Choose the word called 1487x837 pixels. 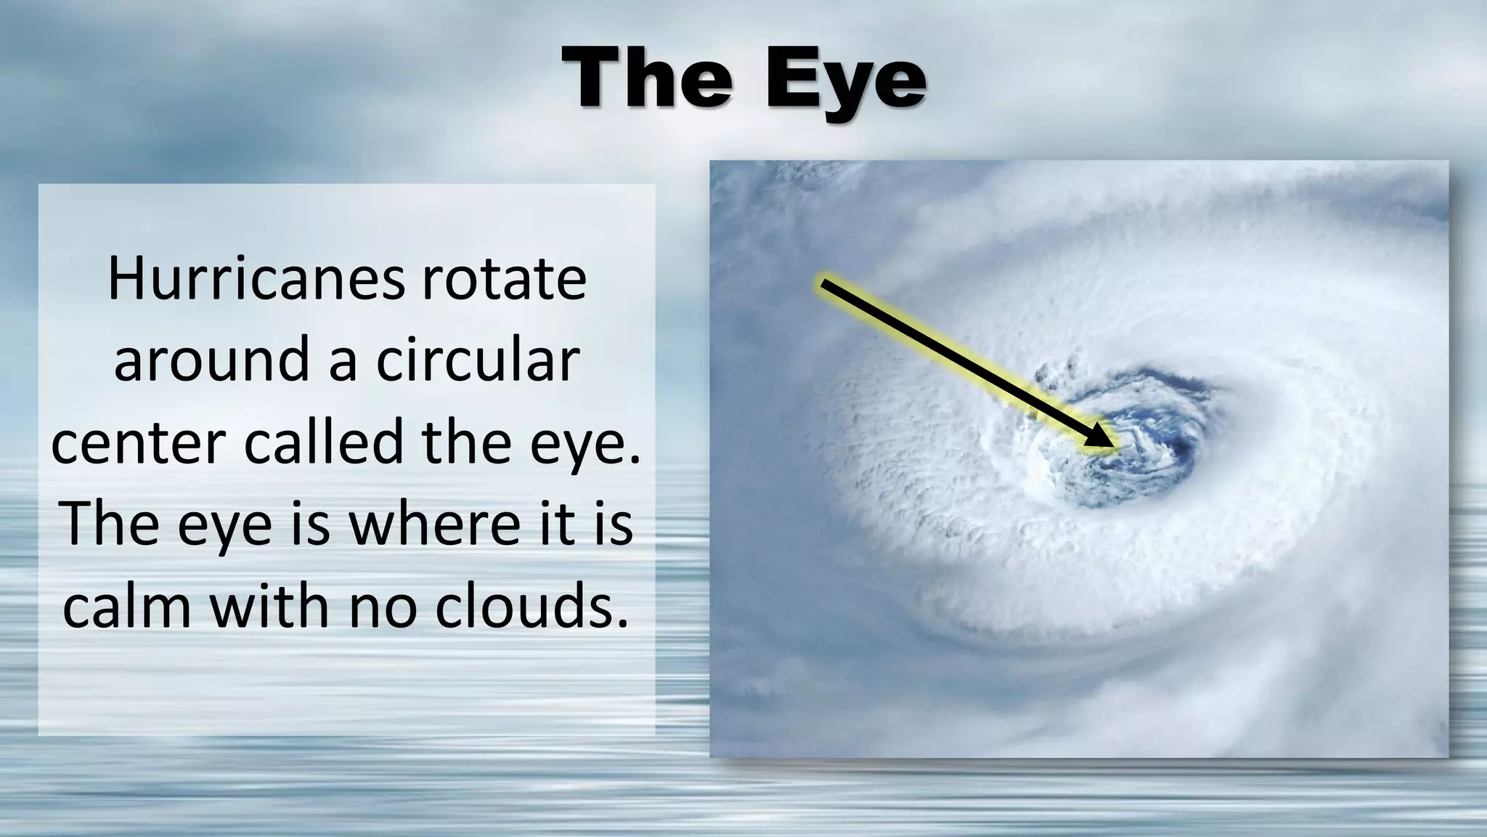pyautogui.click(x=322, y=442)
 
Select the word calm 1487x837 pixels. pyautogui.click(x=126, y=607)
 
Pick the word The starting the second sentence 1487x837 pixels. pyautogui.click(x=110, y=524)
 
